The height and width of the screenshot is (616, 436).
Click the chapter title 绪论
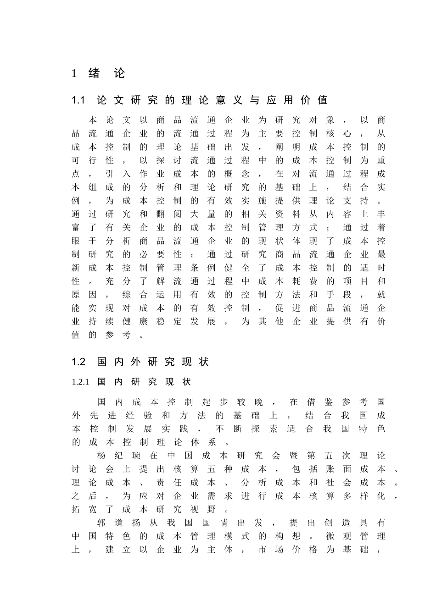pos(106,73)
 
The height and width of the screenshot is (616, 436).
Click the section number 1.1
pos(79,100)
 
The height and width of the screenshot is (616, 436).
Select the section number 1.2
pos(79,362)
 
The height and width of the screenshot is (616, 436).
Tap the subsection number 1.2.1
pos(80,382)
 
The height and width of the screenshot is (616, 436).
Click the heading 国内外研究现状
pos(153,362)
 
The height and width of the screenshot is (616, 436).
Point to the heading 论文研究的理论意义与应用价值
pos(212,100)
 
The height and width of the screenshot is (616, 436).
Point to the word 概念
pos(237,174)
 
